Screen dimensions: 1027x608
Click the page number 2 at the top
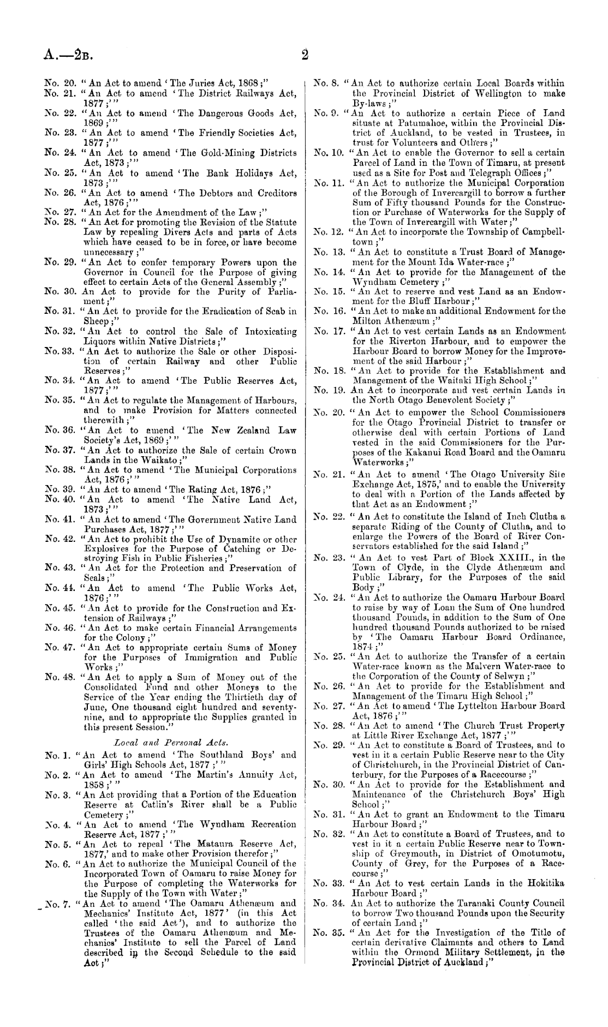pyautogui.click(x=305, y=55)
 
